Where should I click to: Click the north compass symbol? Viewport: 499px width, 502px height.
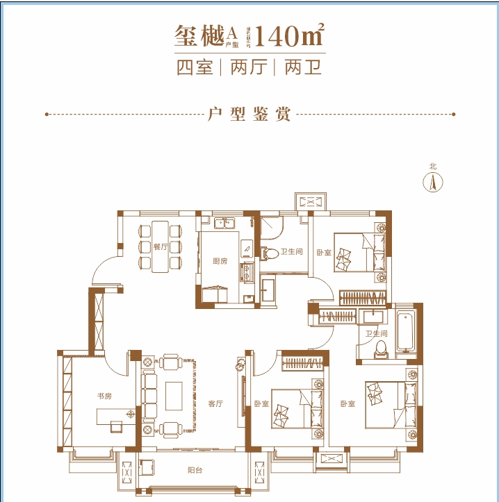pyautogui.click(x=433, y=182)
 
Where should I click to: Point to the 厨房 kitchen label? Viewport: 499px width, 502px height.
pyautogui.click(x=220, y=261)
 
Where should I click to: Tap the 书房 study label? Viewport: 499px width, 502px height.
pyautogui.click(x=104, y=396)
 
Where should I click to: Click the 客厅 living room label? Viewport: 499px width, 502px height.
pyautogui.click(x=215, y=403)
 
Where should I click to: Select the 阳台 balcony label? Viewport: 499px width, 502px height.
pyautogui.click(x=195, y=470)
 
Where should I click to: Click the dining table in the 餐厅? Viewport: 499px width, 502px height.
pyautogui.click(x=161, y=246)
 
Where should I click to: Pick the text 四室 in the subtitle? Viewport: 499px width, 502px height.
pyautogui.click(x=195, y=68)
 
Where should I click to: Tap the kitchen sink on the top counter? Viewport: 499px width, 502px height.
pyautogui.click(x=225, y=223)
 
